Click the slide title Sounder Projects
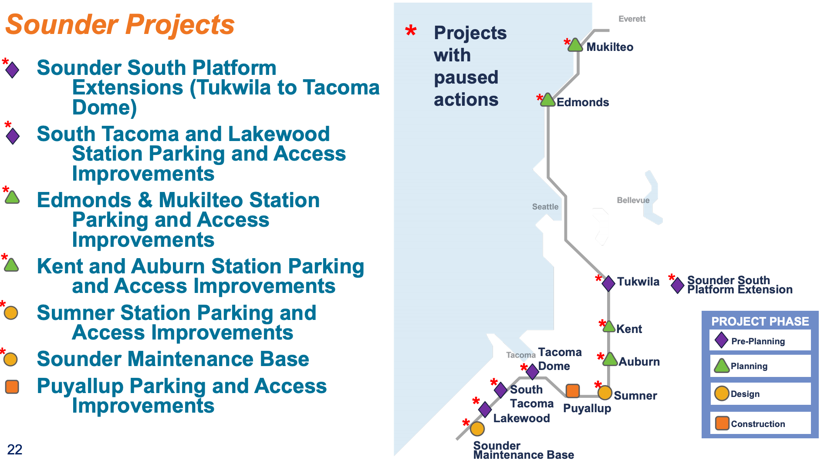120,24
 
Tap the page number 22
15,450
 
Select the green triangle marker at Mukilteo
575,45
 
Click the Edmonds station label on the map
583,102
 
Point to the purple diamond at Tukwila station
608,283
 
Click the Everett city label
632,19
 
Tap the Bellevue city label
633,200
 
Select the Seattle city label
545,207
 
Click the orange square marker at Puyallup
573,391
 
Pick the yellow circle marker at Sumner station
604,393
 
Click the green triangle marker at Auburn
610,360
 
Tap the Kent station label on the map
629,329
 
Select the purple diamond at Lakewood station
485,410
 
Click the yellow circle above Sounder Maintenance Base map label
477,429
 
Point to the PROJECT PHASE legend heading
760,321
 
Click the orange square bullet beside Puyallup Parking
12,387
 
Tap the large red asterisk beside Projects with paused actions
411,31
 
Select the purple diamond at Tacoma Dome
532,372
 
